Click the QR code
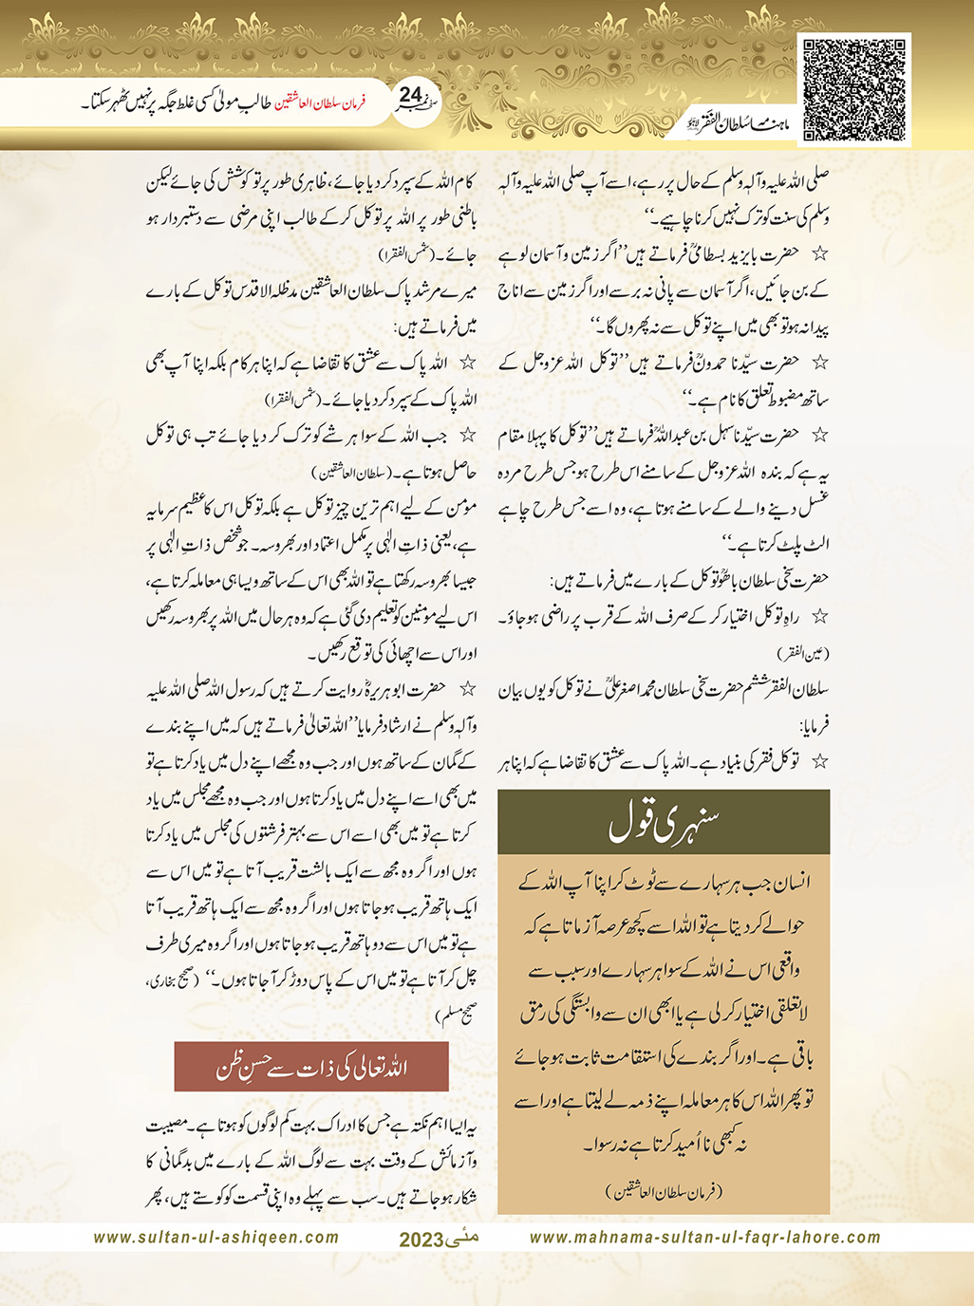point(853,89)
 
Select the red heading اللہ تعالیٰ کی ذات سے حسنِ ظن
point(311,1067)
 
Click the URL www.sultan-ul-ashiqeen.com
point(216,1238)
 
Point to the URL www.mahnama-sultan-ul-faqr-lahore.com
point(704,1238)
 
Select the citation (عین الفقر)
point(803,654)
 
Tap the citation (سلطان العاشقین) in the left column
point(341,472)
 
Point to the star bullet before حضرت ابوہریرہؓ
point(467,687)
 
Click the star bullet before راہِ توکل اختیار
point(820,617)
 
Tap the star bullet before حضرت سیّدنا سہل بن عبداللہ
point(820,435)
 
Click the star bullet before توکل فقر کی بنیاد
point(820,761)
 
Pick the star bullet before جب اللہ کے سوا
point(467,436)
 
